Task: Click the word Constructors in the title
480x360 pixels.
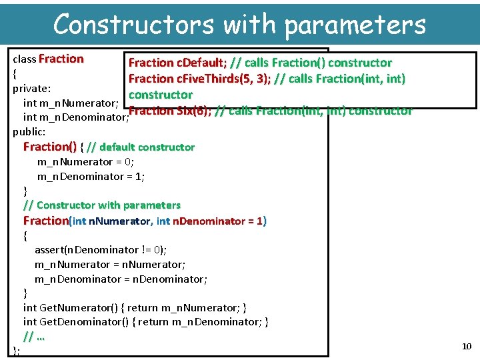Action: (133, 25)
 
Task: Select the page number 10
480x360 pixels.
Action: (467, 346)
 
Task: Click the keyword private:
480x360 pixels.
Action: (32, 88)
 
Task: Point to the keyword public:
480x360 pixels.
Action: (29, 131)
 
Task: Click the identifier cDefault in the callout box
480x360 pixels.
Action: (200, 63)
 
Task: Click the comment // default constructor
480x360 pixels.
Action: (141, 147)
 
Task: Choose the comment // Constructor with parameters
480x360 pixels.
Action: (102, 205)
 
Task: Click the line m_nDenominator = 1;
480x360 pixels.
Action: (91, 177)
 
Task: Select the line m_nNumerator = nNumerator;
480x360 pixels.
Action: (110, 265)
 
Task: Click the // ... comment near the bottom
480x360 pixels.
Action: (33, 337)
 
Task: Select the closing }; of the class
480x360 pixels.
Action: (17, 351)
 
